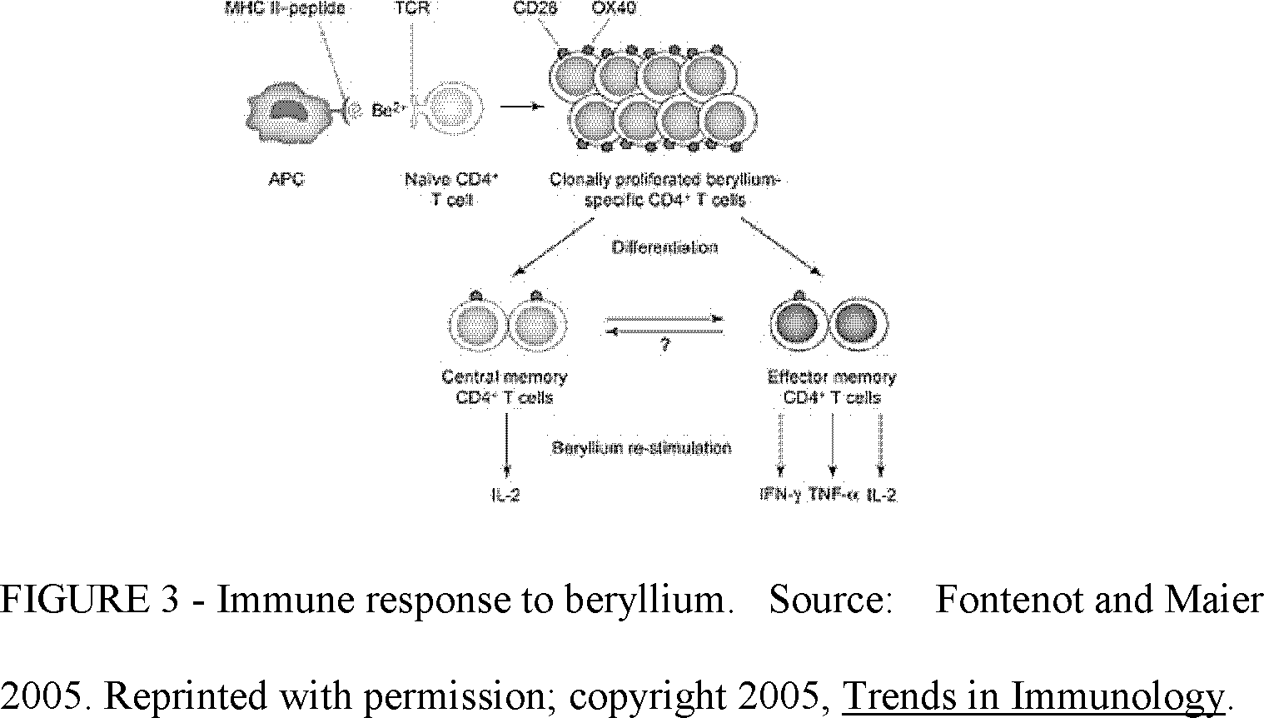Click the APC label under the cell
pos(286,179)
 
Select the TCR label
pos(411,9)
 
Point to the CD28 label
pos(536,9)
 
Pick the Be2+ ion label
pos(383,110)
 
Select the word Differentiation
pos(664,247)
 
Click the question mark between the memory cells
pos(664,344)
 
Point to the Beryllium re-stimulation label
pos(641,448)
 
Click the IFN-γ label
pos(780,495)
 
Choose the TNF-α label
pos(833,495)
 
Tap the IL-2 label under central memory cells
pos(505,495)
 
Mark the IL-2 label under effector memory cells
pos(882,495)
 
